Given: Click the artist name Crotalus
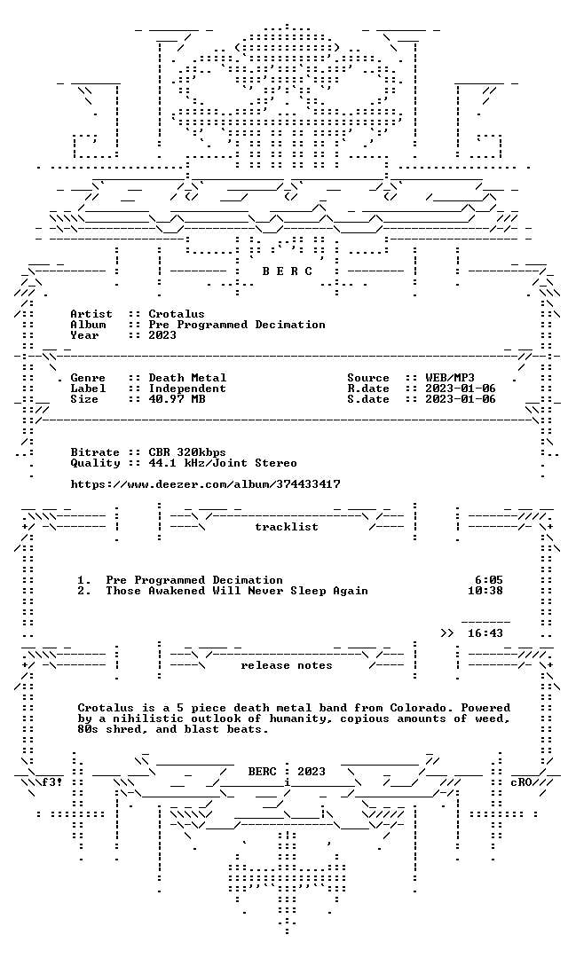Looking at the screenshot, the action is [176, 314].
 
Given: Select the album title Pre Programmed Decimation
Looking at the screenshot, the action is [237, 325].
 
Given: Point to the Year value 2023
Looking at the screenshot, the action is [162, 334].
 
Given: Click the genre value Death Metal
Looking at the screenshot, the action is [187, 378].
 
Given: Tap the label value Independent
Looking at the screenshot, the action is [187, 388].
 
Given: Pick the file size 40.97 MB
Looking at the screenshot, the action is [177, 399].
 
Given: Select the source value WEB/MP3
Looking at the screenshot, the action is [449, 378].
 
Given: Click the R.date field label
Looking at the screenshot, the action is [368, 388].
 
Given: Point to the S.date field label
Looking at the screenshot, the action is [368, 399].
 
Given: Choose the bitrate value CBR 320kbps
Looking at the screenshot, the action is [187, 452].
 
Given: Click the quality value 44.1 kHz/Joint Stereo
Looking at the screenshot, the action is [223, 462].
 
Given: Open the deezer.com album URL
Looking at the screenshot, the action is [205, 484].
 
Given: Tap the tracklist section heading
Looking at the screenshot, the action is [287, 527].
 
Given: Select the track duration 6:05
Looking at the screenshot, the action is [488, 580].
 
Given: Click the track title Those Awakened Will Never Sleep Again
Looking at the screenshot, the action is [237, 590].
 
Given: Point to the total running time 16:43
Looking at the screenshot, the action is [485, 633].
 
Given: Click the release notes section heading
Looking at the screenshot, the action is [286, 665].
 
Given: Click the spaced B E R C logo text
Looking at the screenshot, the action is [287, 271].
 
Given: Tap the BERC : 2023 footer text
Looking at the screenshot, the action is [286, 772].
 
